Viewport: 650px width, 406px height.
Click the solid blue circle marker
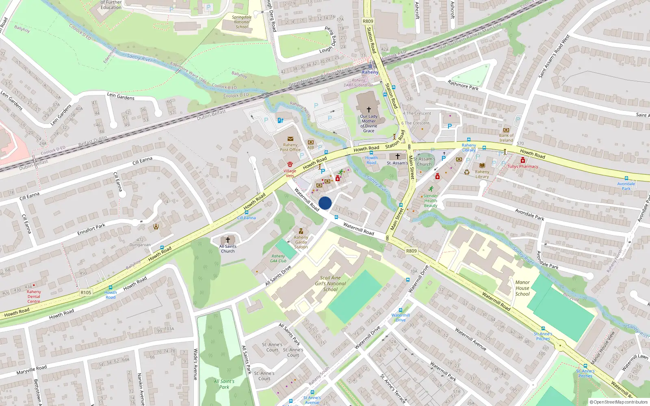(325, 203)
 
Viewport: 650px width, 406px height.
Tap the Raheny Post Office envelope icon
(290, 139)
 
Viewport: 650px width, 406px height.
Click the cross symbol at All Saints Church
(227, 240)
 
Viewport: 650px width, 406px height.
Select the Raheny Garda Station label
(301, 242)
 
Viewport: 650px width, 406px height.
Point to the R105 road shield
(86, 292)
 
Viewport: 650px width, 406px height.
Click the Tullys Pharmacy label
(522, 166)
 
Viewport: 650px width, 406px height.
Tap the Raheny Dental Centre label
(34, 296)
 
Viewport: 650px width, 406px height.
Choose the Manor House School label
(522, 288)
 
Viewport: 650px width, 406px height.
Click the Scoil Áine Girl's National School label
(330, 283)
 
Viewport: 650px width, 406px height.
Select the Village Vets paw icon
(290, 164)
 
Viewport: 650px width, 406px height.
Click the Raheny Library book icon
(482, 166)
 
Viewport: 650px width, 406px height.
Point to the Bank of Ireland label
(506, 138)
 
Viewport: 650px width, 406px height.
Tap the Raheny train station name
(370, 72)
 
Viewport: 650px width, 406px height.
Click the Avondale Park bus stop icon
(626, 178)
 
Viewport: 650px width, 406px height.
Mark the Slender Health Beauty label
(431, 201)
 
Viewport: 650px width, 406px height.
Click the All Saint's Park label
(224, 384)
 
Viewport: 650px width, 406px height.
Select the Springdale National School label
(242, 22)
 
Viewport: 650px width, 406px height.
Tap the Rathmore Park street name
(463, 85)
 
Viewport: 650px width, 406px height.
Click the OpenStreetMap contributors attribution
(619, 402)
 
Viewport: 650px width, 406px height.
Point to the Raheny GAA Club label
(278, 259)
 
